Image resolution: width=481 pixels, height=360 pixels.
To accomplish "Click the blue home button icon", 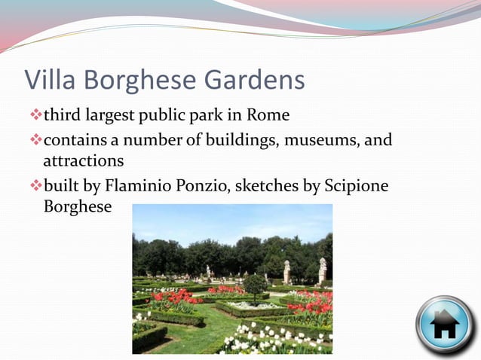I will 445,325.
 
